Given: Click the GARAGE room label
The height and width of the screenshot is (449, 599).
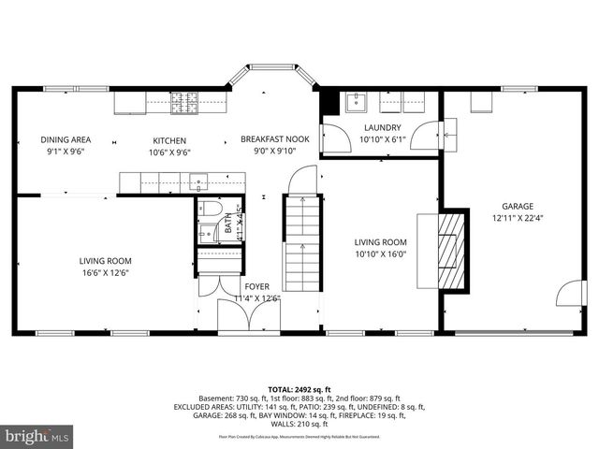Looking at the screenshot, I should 516,207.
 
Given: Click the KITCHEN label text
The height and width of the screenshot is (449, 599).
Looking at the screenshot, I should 170,140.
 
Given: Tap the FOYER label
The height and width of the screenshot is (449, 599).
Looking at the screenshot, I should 256,287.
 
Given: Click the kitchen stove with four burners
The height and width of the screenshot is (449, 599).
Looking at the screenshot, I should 183,101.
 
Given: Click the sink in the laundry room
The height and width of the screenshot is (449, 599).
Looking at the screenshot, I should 356,102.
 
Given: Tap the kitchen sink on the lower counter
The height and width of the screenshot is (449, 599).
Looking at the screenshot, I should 198,181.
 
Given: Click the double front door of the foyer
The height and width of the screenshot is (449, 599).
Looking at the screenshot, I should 248,318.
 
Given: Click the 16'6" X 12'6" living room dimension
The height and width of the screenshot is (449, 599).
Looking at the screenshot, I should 105,273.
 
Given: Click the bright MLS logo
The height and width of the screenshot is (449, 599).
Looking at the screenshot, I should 37,436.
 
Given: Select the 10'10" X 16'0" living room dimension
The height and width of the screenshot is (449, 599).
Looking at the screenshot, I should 381,253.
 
